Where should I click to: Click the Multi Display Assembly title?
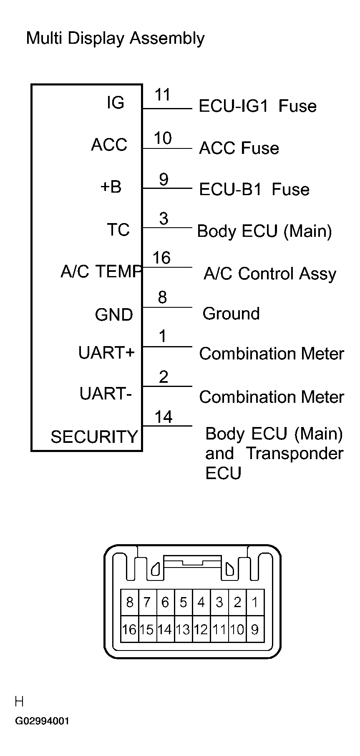[x=115, y=38]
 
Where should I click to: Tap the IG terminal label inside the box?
[x=116, y=103]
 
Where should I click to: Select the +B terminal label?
[x=111, y=187]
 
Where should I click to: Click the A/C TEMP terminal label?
[x=101, y=271]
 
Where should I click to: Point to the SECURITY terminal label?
[x=94, y=437]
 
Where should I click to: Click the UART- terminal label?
[x=106, y=393]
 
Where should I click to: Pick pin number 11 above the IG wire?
[x=163, y=95]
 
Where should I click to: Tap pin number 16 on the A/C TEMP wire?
[x=161, y=258]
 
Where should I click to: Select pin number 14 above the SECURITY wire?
[x=163, y=417]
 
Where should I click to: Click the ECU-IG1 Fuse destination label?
[x=257, y=106]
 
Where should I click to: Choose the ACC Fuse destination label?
[x=239, y=148]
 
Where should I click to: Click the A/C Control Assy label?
[x=270, y=274]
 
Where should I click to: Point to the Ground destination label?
[x=231, y=314]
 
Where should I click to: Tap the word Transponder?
[x=295, y=453]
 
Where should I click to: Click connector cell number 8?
[x=130, y=602]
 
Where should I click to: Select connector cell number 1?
[x=255, y=602]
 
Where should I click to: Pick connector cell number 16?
[x=129, y=629]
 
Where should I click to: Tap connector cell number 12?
[x=201, y=629]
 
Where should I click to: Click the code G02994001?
[x=42, y=721]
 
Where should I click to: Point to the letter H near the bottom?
[x=19, y=701]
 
